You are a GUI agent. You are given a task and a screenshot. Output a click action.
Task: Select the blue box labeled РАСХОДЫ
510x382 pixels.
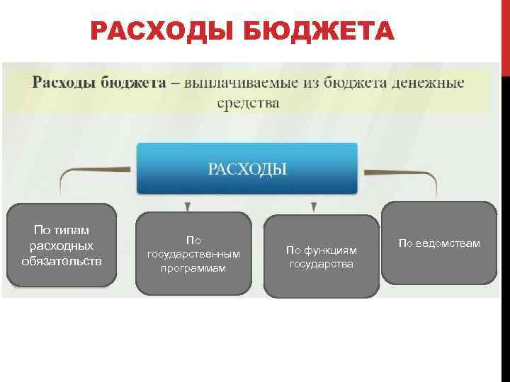[247, 168]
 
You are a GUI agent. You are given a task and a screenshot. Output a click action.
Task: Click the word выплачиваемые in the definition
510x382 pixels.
[238, 83]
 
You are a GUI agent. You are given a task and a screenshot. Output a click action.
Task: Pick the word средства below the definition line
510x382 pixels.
[248, 103]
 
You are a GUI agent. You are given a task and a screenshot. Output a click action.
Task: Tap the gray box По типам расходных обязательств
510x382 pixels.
[62, 245]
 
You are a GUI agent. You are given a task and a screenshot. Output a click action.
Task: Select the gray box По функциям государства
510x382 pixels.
[321, 256]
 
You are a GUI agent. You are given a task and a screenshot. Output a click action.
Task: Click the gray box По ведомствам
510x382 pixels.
[438, 243]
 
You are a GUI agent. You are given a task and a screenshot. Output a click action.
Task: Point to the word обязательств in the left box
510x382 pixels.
[62, 261]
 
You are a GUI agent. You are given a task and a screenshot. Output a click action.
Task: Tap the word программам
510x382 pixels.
[193, 268]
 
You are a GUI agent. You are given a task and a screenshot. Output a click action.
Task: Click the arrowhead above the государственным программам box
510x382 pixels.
[187, 207]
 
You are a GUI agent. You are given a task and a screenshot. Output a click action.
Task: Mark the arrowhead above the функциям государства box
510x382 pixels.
[313, 207]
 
